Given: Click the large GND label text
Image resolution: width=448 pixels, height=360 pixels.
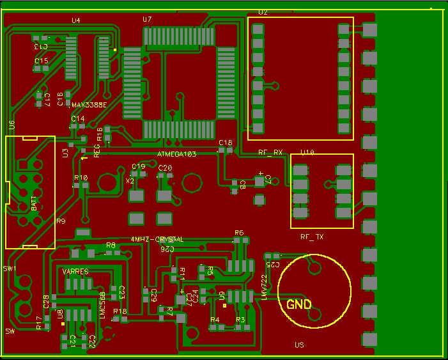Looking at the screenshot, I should [x=300, y=305].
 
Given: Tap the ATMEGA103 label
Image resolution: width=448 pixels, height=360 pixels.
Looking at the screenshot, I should [x=176, y=155].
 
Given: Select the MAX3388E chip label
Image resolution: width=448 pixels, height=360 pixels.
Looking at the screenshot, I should [x=89, y=105].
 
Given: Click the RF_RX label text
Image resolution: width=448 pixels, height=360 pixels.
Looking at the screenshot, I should [x=270, y=153].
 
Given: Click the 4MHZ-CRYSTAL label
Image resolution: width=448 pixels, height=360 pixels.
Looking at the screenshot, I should [x=157, y=239].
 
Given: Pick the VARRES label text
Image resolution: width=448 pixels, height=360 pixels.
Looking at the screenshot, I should [x=75, y=272].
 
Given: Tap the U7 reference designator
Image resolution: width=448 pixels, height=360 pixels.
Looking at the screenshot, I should [x=147, y=20].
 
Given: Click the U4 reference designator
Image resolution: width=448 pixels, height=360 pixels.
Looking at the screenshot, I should [x=76, y=20].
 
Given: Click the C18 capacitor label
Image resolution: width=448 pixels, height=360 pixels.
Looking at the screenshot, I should [x=226, y=143].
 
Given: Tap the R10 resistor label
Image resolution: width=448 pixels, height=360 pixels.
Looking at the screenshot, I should [x=81, y=178].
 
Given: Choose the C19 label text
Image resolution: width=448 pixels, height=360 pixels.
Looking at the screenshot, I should [x=138, y=166].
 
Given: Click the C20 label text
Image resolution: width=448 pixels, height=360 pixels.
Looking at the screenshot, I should [x=165, y=168].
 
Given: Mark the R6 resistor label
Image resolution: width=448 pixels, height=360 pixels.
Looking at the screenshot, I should [x=239, y=233].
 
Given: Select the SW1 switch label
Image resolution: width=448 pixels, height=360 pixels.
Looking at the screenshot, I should [x=10, y=269].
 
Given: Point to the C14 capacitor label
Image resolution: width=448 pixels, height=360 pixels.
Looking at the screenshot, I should [x=77, y=119].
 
